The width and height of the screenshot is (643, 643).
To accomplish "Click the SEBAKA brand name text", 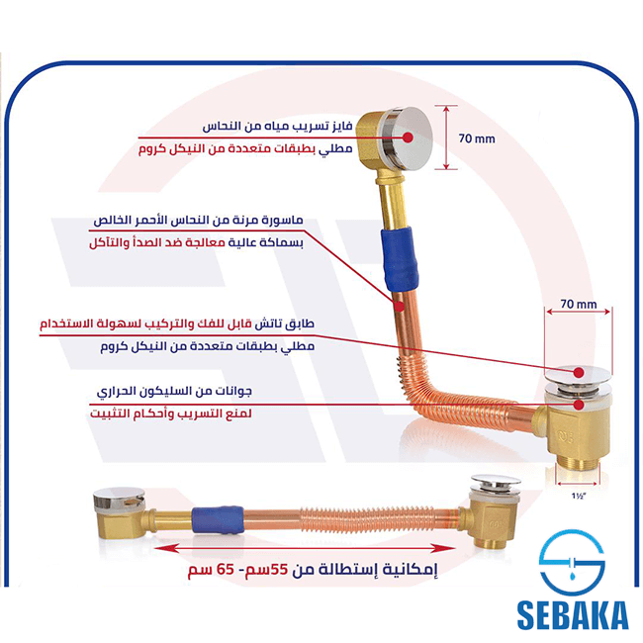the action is coord(573,615).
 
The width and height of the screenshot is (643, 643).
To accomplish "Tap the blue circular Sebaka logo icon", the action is coord(572,563).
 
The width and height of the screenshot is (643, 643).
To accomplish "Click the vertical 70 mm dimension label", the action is coord(477,138).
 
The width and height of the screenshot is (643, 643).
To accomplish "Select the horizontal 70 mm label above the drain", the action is coord(579,305).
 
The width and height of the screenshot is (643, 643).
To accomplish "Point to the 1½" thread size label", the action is coord(579,497).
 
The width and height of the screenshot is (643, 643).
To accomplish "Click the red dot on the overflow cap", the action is coord(408,138).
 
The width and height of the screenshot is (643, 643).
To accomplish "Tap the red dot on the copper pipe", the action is coord(399,306).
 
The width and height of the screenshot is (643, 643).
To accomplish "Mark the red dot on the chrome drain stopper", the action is coord(579,372).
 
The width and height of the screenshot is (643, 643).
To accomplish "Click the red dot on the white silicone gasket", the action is coord(579,405).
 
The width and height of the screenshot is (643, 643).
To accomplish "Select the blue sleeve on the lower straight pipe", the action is coord(218,520).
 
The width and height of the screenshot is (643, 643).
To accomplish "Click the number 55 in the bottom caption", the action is coord(278,569).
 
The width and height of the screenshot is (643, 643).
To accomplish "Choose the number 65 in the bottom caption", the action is coord(226,569).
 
